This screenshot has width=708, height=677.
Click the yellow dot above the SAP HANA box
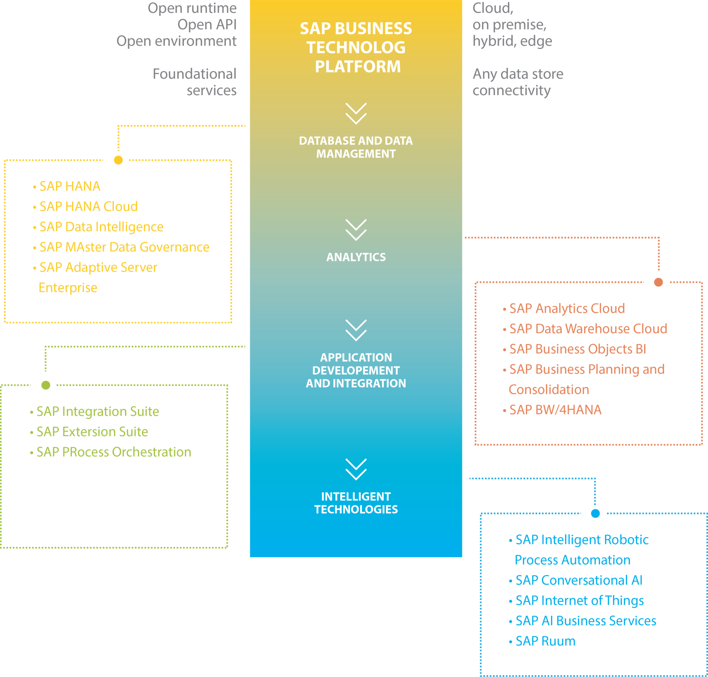coord(119,160)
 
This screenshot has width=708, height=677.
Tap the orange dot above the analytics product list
coord(659,282)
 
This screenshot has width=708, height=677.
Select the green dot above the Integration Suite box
coord(46,385)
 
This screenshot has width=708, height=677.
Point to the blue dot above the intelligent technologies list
coord(595,513)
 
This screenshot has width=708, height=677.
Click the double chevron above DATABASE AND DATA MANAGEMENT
coord(356,114)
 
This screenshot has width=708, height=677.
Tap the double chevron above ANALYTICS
coord(356,230)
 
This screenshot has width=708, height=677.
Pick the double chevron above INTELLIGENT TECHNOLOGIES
coord(356,470)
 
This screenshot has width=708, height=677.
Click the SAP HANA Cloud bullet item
coord(88,206)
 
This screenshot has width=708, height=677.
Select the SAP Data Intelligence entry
coord(101,227)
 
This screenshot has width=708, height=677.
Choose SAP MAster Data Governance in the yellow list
coord(124,247)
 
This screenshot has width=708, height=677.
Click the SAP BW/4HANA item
coord(555,410)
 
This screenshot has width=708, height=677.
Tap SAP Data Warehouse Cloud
coord(588,329)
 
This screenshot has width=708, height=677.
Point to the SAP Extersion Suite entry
coord(92,432)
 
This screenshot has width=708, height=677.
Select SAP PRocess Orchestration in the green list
coord(114,452)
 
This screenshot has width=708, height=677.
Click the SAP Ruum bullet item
coord(545,641)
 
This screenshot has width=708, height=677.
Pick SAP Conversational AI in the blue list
coord(579,580)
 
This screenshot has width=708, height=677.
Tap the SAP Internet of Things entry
coord(579,601)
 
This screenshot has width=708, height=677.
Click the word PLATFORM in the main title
coord(358,67)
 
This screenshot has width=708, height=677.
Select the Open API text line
coord(207,25)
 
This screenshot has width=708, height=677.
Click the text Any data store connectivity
coord(518,82)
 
